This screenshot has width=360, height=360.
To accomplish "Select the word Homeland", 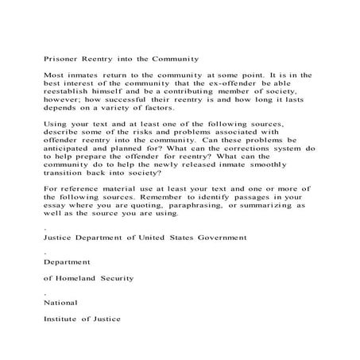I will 83,278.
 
